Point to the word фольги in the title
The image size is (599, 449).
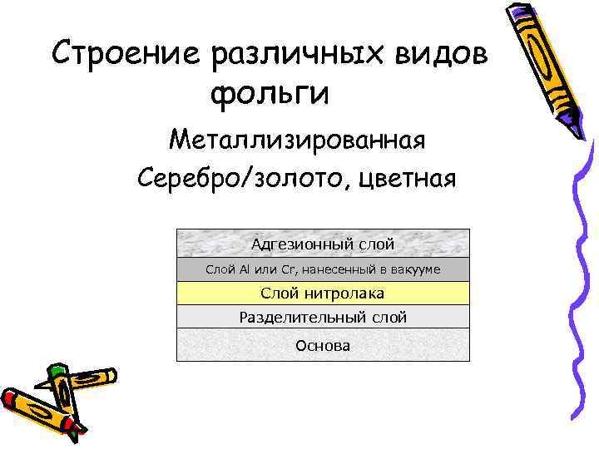[x=270, y=94]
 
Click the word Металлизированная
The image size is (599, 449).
[x=297, y=140]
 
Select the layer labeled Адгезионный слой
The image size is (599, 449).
[x=323, y=244]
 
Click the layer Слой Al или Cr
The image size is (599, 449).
[x=323, y=269]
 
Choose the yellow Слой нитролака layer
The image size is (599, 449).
[x=323, y=293]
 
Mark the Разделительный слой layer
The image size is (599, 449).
[x=323, y=317]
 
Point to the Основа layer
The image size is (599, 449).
[x=323, y=345]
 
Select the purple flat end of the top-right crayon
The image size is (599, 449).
[x=520, y=10]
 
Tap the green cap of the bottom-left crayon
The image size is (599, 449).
[x=56, y=372]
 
